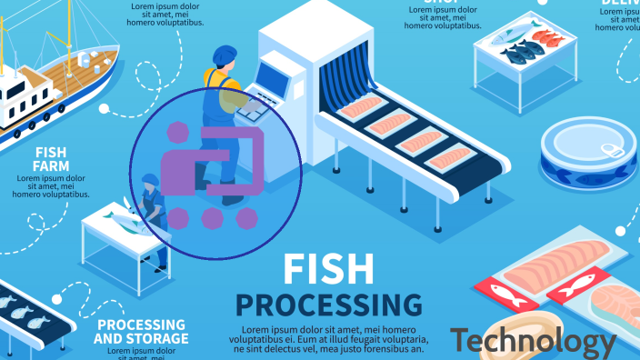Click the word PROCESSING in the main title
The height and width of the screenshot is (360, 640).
coord(329,304)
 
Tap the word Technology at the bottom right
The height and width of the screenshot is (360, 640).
coord(533,341)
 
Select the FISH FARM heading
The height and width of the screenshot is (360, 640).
coord(51,159)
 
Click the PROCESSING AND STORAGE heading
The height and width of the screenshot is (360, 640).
coord(142,331)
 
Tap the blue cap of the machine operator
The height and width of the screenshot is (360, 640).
coord(224,55)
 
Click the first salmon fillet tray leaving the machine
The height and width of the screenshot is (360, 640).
coord(361,106)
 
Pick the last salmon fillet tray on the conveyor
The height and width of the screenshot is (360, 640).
coord(452,159)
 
